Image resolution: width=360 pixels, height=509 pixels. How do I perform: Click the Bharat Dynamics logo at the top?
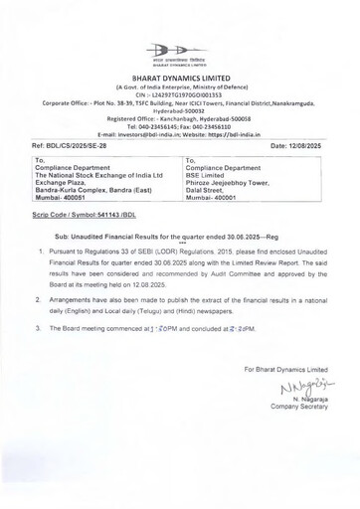tap(179, 52)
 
